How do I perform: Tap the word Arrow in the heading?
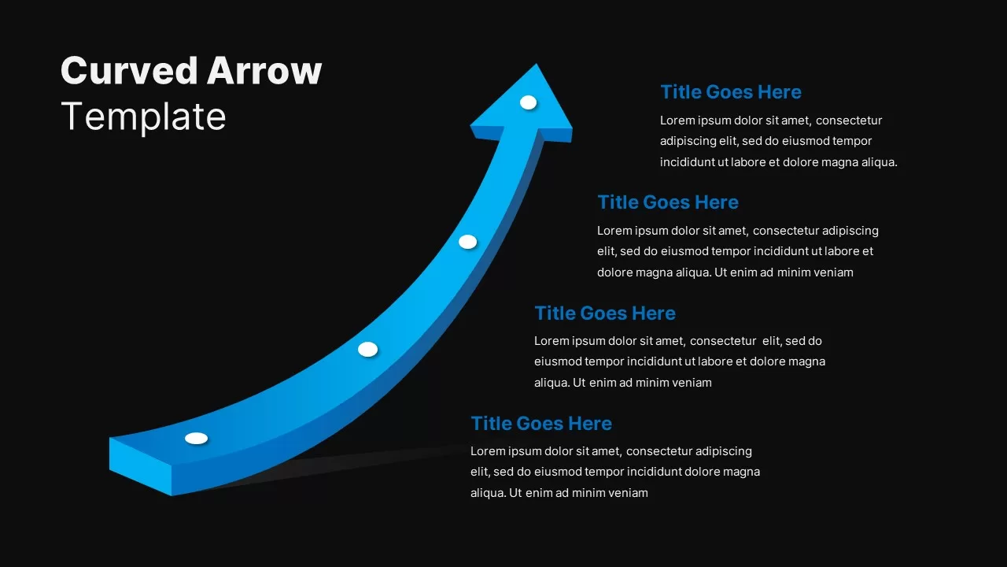tap(264, 71)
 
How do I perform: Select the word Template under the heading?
tap(143, 117)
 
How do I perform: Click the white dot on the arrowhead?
tap(528, 102)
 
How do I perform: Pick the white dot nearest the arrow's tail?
tap(196, 438)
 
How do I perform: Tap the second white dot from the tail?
tap(367, 349)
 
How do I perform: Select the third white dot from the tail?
tap(467, 242)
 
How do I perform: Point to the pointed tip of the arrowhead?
tap(537, 66)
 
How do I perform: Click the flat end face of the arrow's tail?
tap(140, 466)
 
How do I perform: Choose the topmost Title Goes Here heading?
tap(731, 92)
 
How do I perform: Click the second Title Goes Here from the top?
tap(668, 202)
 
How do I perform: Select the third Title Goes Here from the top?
tap(605, 313)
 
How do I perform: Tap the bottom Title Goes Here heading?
tap(541, 424)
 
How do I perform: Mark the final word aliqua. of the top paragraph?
tap(878, 162)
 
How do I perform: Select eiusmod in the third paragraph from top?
tap(559, 362)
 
